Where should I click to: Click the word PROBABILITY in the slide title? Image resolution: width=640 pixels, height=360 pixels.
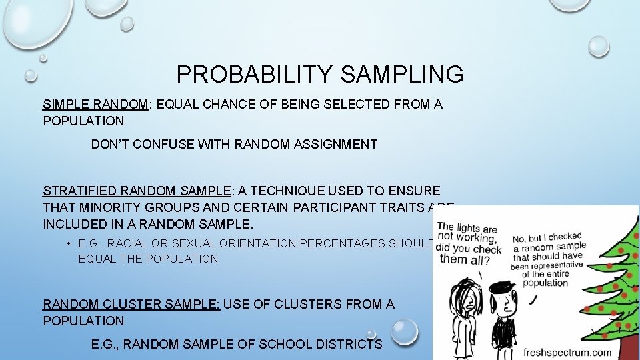(x=255, y=74)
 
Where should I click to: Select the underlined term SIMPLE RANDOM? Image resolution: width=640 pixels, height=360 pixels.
(x=95, y=104)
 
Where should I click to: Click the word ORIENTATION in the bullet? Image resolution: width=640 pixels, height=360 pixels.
(x=255, y=243)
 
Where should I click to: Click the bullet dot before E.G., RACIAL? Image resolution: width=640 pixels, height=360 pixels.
(x=69, y=243)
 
